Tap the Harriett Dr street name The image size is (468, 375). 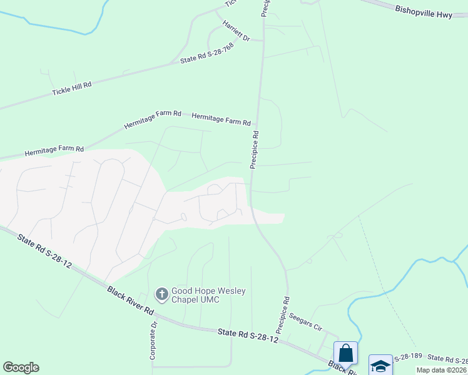pos(236,31)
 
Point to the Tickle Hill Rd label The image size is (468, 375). pos(71,89)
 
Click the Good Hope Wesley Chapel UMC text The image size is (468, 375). pos(209,295)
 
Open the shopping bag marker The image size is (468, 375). pos(346,353)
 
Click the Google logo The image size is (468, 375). pos(21,367)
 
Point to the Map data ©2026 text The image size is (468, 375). pos(442,370)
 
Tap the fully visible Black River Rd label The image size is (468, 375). pos(130,301)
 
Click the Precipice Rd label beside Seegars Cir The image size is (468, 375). pos(283,314)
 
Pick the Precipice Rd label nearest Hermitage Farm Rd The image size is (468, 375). pos(255,149)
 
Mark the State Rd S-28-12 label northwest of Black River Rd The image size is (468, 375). pos(44,252)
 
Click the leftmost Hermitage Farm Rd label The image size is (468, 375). pos(54,151)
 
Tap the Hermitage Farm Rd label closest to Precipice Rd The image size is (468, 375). pos(221,119)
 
